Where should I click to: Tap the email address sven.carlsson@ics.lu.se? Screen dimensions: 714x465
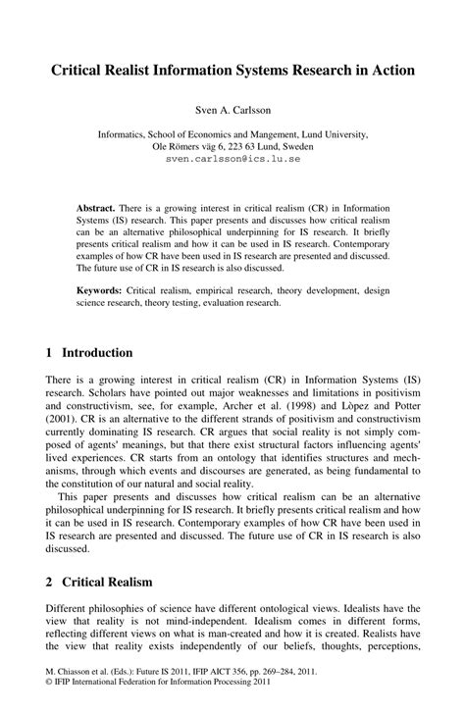click(232, 158)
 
